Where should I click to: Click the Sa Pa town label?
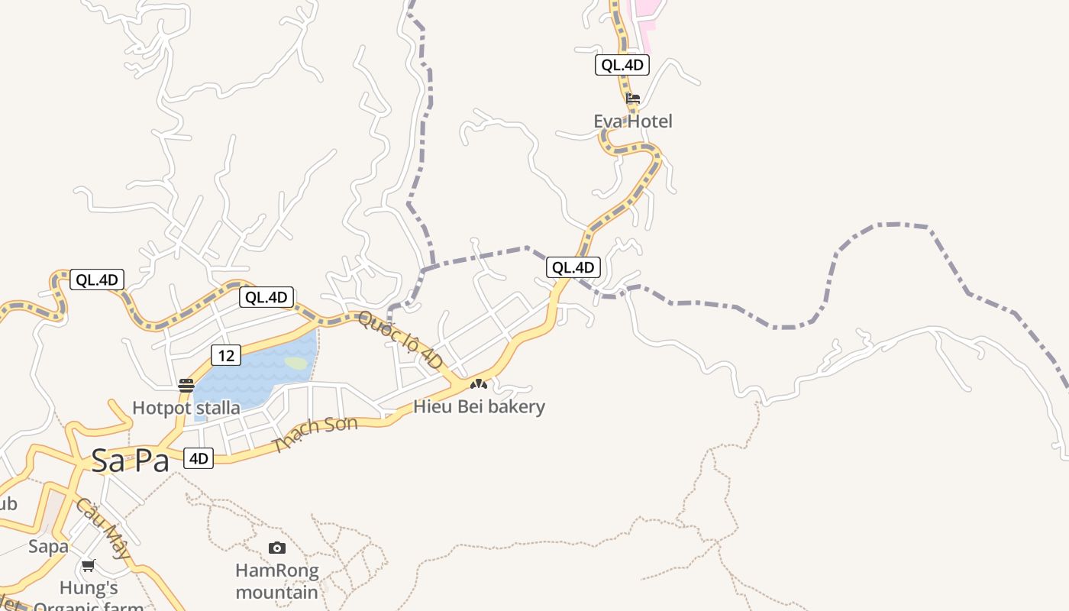pos(130,461)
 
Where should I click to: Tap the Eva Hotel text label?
pos(633,121)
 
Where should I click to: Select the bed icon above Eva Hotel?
pos(633,99)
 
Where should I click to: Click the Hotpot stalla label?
pos(186,408)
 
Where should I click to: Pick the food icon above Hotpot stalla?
pos(186,386)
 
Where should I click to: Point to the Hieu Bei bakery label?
pos(479,406)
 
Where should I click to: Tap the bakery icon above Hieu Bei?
pos(479,383)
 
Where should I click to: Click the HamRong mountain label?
pos(276,581)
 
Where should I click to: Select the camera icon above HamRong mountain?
pos(277,548)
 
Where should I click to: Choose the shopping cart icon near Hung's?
pos(89,566)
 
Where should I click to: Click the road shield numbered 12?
pos(225,355)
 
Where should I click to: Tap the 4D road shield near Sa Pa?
pos(199,458)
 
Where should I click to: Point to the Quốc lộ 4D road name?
pos(400,340)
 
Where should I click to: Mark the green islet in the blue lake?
pos(296,364)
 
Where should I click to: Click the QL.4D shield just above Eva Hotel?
pos(622,65)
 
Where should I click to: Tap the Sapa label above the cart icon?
pos(49,546)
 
